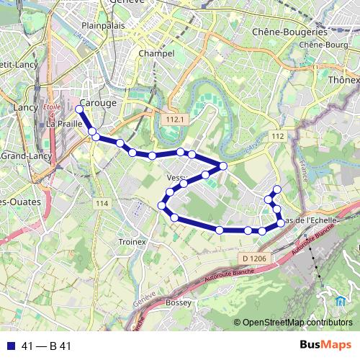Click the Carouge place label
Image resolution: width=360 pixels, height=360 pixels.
(x=99, y=103)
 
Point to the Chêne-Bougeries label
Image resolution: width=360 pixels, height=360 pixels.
(x=290, y=32)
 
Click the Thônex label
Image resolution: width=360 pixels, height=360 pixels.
(x=343, y=80)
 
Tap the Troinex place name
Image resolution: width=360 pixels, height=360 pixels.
(x=132, y=242)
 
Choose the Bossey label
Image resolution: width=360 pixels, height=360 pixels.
(x=179, y=303)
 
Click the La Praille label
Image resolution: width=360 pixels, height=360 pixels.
(x=63, y=123)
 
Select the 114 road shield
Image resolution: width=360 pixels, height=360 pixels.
(x=102, y=204)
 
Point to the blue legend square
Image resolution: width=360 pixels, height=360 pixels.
(x=10, y=346)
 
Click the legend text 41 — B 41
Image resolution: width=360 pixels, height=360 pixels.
(x=47, y=346)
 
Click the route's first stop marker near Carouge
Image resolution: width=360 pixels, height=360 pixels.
(x=79, y=109)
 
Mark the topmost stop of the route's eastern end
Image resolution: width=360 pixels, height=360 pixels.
(x=276, y=189)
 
